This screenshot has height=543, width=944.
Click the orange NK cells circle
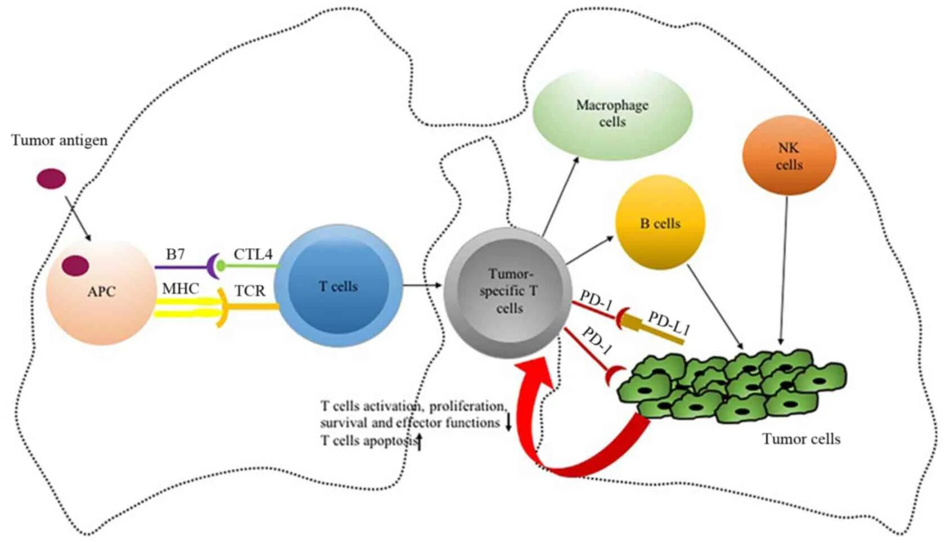point(789,155)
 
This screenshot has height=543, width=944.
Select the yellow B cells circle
point(660,222)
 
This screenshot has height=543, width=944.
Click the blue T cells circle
point(338,286)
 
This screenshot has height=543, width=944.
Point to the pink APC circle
point(100,293)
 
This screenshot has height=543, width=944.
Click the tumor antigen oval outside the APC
point(51,179)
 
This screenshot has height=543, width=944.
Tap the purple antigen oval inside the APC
point(75,266)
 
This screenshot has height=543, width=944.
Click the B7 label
point(175,254)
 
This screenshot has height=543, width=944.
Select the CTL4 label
point(253,254)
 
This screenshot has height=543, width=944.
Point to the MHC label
point(180,289)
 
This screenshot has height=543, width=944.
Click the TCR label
point(250,291)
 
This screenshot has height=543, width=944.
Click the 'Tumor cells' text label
point(801,439)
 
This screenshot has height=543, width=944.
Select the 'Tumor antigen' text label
point(59,140)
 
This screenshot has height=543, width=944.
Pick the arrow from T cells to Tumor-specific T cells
point(422,286)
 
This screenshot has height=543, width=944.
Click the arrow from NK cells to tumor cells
point(784,270)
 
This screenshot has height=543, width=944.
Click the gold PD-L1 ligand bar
point(656,331)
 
